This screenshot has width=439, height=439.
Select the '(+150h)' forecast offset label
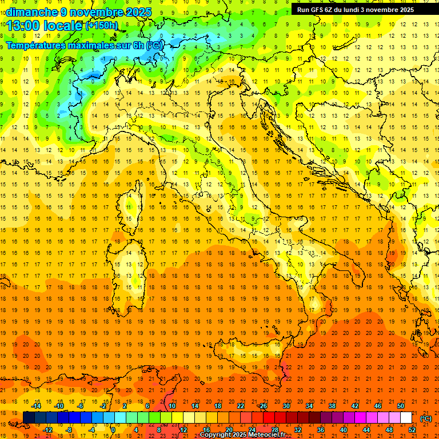pos(102,26)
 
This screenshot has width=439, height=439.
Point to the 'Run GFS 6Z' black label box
pos(360,10)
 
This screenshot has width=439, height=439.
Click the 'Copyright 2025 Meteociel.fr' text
pos(242,435)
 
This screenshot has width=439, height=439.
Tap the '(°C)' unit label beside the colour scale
pos(426,418)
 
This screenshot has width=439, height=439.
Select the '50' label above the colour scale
pos(401,406)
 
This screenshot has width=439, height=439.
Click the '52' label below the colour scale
pos(412,429)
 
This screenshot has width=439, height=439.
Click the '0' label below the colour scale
pos(113,429)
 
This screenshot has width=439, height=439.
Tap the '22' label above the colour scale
pos(241,406)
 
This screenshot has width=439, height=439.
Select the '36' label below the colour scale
pos(321,429)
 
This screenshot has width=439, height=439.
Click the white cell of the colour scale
pos(406,418)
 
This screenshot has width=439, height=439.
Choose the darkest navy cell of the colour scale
pos(29,418)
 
